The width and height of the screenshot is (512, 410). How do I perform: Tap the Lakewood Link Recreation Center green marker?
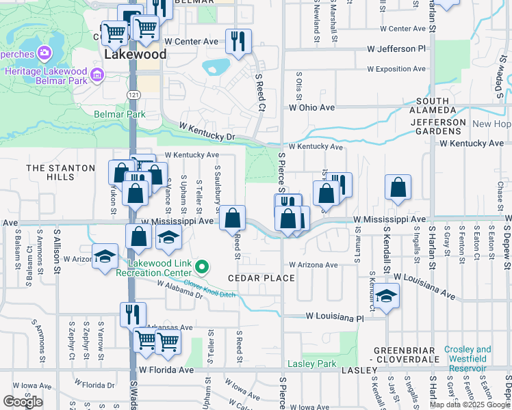(x=201, y=266)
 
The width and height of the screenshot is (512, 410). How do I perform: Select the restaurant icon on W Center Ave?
(x=238, y=41)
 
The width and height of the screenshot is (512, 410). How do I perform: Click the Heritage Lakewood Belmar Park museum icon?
(x=96, y=73)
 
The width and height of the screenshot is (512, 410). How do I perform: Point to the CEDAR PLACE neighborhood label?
(x=261, y=278)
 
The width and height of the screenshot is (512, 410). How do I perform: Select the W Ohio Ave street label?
(x=311, y=107)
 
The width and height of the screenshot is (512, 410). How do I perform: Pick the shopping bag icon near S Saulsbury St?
(x=233, y=219)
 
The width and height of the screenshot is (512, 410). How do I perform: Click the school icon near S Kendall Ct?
(x=387, y=296)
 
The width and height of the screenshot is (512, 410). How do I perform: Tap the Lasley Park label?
(x=312, y=364)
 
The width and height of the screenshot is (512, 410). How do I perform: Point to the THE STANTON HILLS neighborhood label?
(x=60, y=172)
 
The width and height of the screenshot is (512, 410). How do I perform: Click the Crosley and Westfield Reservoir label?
(x=468, y=359)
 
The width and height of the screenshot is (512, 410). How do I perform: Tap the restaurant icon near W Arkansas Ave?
(x=132, y=314)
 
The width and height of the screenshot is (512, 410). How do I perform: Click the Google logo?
(x=23, y=402)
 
